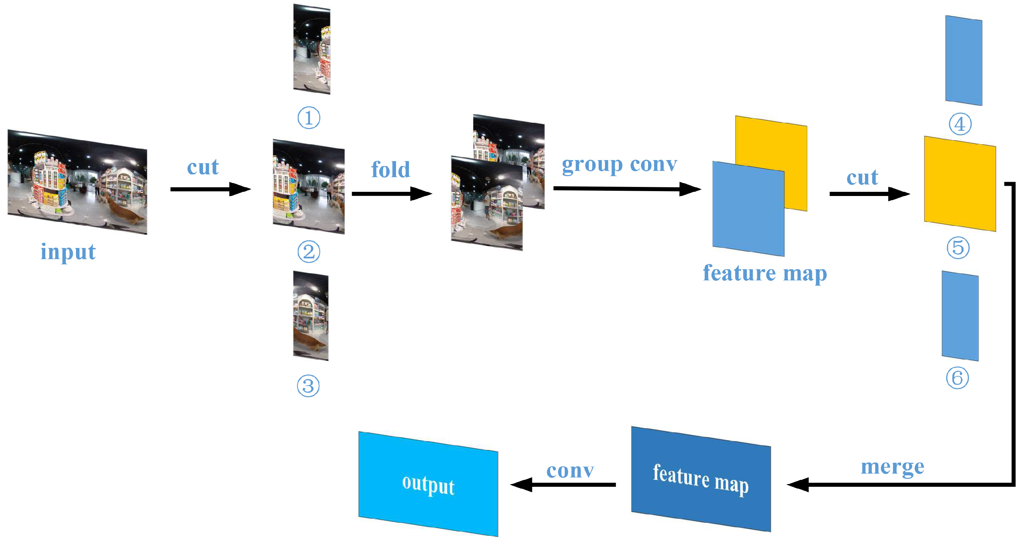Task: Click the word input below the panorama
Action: (x=68, y=252)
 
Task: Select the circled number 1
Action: (x=309, y=118)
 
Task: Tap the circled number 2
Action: (x=309, y=251)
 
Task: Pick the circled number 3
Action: (x=308, y=386)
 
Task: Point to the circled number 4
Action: (x=960, y=124)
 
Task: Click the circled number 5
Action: (x=958, y=248)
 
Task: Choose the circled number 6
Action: (x=957, y=378)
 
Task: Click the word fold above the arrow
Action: (x=390, y=170)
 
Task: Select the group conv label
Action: (x=619, y=165)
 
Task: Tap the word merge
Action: (x=892, y=467)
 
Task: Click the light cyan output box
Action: (x=428, y=484)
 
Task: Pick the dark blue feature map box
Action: (x=701, y=479)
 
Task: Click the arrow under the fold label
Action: (x=391, y=194)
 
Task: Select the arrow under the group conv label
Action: (x=627, y=189)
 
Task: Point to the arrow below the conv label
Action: (x=563, y=484)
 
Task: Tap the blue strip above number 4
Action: (x=964, y=61)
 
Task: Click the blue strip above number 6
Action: (x=960, y=316)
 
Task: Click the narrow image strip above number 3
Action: (x=311, y=315)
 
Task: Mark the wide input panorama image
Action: (x=77, y=182)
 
